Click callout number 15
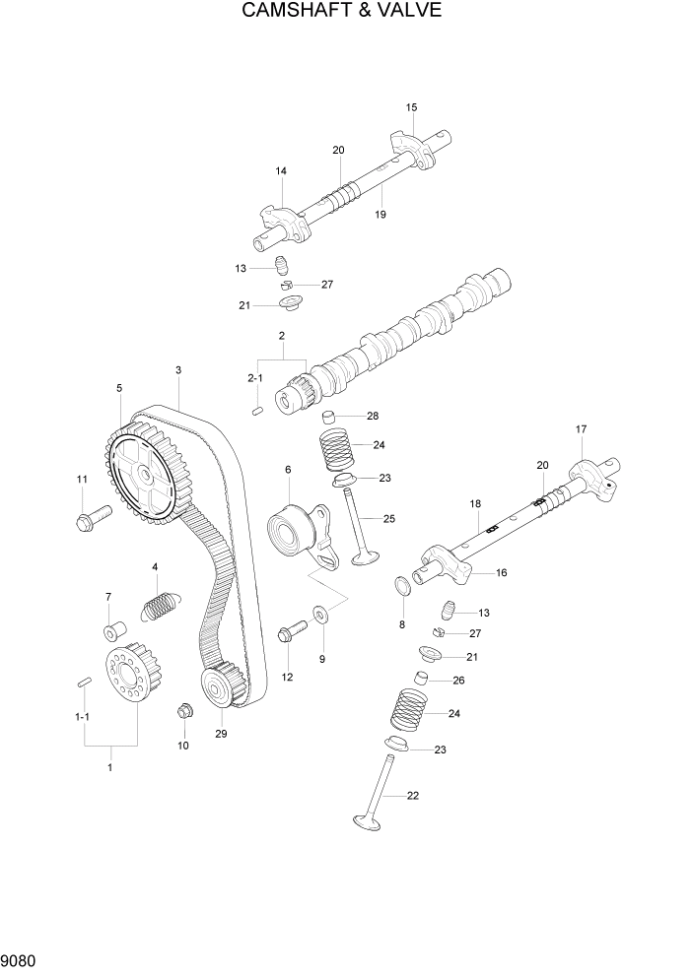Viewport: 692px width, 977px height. pyautogui.click(x=411, y=106)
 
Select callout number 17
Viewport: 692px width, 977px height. pyautogui.click(x=581, y=429)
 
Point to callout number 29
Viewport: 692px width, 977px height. pyautogui.click(x=221, y=734)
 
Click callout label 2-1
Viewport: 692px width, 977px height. pyautogui.click(x=255, y=378)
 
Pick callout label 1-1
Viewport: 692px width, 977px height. pyautogui.click(x=83, y=717)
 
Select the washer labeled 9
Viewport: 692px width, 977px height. pyautogui.click(x=321, y=616)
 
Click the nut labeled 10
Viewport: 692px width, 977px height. pyautogui.click(x=183, y=710)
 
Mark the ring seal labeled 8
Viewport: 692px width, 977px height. pyautogui.click(x=402, y=589)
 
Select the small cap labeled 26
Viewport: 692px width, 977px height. pyautogui.click(x=420, y=679)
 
